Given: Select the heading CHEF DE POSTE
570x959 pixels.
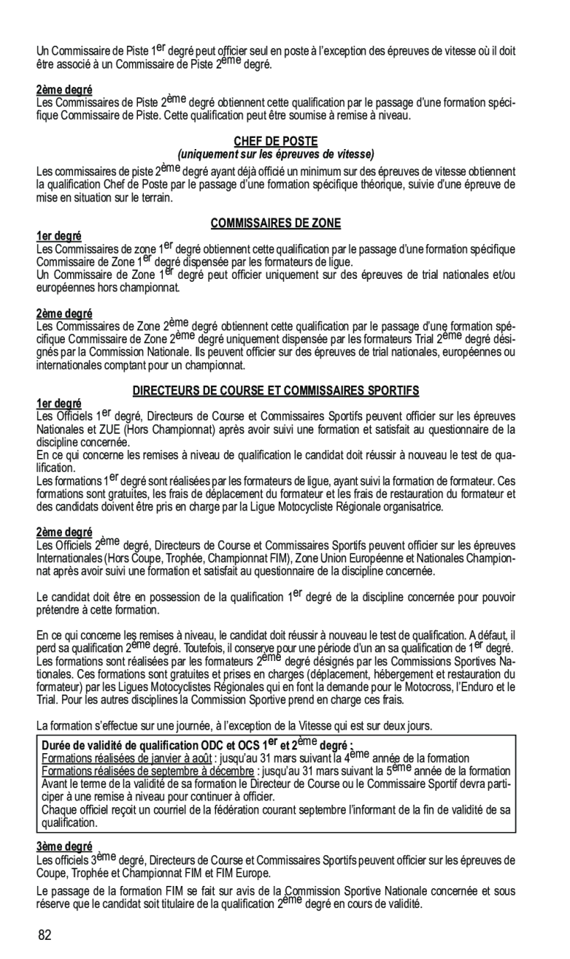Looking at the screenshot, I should pyautogui.click(x=277, y=141).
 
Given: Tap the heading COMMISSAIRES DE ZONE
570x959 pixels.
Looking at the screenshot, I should pyautogui.click(x=277, y=223).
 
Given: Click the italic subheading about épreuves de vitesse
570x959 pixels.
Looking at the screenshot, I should pyautogui.click(x=277, y=153).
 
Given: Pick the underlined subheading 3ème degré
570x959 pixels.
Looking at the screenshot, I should pyautogui.click(x=65, y=845).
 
